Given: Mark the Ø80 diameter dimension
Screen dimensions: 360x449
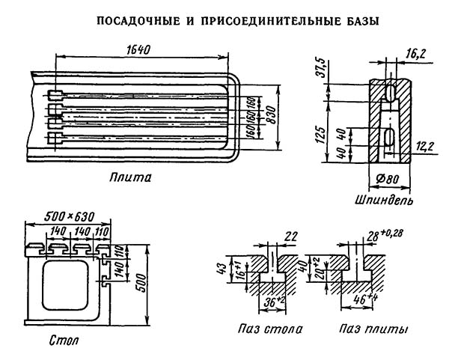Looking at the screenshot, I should point(384,183).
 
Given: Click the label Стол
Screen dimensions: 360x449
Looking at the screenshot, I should point(66,341).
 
